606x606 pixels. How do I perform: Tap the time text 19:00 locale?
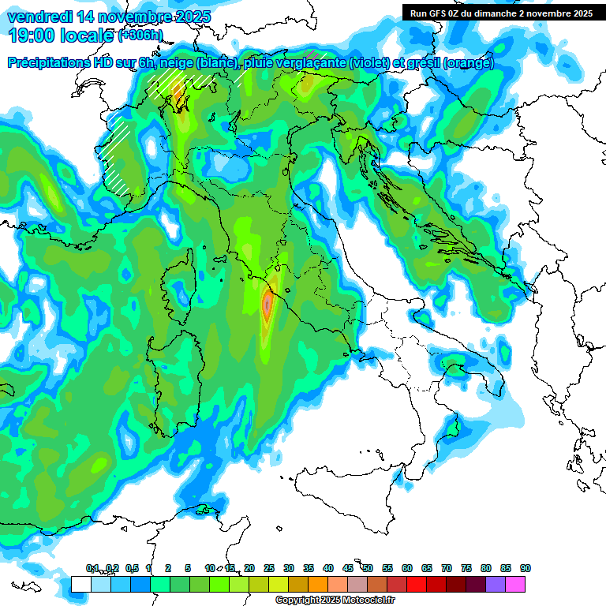pyautogui.click(x=62, y=35)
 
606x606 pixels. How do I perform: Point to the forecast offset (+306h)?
pyautogui.click(x=140, y=35)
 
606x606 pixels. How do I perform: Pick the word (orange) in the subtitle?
pyautogui.click(x=468, y=63)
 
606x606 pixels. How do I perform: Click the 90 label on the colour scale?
pyautogui.click(x=526, y=569)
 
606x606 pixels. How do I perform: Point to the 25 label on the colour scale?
pyautogui.click(x=269, y=569)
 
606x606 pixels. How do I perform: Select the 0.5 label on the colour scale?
pyautogui.click(x=132, y=569)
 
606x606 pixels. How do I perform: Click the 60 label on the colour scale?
pyautogui.click(x=407, y=569)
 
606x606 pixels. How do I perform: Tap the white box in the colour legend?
pyautogui.click(x=80, y=584)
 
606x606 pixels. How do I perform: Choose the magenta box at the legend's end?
pyautogui.click(x=515, y=584)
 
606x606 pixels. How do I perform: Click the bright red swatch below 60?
pyautogui.click(x=417, y=584)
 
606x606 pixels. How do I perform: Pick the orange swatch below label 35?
pyautogui.click(x=318, y=584)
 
